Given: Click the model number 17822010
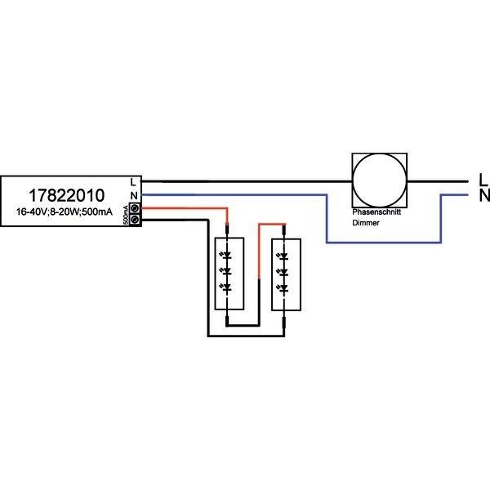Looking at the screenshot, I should coord(67,196).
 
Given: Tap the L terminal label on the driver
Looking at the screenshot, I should coord(133,181).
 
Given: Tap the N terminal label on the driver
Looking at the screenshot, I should coord(133,194).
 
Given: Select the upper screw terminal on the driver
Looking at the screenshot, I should coord(135,208).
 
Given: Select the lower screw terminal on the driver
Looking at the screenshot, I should coord(135,219).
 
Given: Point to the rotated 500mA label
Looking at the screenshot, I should coord(125,214).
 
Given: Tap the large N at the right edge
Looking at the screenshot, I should coord(483,196).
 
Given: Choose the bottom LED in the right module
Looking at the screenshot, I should coord(283,287).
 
